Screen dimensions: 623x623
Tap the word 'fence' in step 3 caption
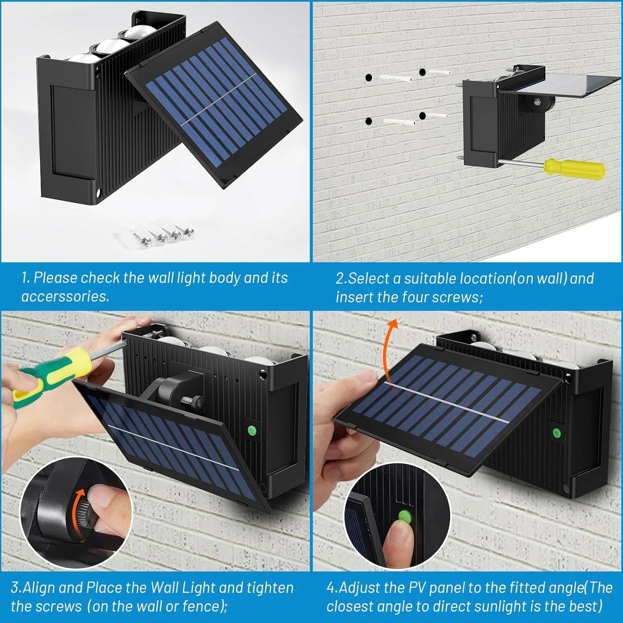203,606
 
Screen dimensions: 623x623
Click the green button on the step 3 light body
251,431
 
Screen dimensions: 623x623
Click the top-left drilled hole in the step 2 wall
368,78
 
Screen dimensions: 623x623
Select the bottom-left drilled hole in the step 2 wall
368,121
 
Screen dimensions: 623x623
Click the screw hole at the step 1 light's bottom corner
99,194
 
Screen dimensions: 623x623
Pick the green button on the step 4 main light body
556,434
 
